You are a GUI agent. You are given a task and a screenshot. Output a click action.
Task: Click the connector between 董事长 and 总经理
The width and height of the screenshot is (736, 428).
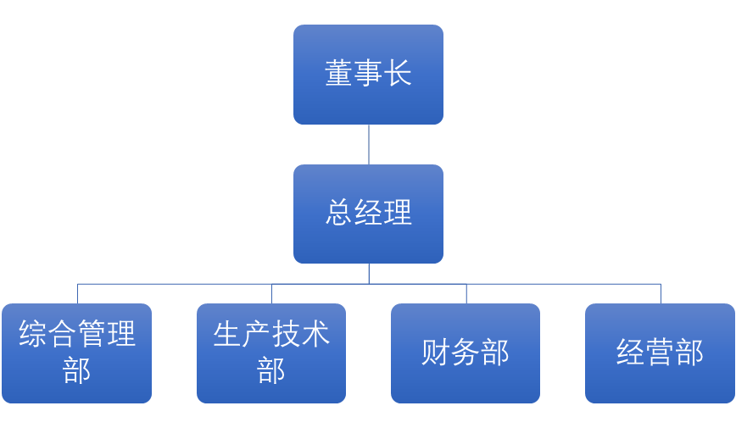coord(368,144)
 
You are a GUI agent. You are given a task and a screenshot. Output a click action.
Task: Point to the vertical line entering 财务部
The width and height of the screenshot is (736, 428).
coord(466,293)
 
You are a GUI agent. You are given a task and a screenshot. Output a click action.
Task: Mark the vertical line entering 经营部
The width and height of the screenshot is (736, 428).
coord(661,293)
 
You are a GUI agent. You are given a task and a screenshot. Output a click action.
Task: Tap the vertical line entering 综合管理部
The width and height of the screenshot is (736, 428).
coord(77,293)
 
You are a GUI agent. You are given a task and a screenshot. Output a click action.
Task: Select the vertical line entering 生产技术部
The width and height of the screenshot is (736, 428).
coord(271,293)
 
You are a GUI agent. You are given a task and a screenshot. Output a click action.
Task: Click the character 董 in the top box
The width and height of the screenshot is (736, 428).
coord(339,74)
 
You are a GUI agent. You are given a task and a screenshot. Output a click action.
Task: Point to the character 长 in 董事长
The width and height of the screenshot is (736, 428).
coord(398,74)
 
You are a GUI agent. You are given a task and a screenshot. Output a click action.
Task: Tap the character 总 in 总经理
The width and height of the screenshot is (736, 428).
coord(339,214)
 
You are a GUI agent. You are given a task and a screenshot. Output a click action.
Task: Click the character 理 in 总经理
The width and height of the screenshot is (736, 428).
coord(398,214)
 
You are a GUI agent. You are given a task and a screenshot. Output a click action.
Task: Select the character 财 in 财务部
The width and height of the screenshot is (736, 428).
coord(436,353)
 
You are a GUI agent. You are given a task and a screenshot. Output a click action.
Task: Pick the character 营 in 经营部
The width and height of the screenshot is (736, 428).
coord(660,353)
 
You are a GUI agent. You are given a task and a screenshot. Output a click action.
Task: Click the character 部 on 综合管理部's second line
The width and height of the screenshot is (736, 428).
coord(77,370)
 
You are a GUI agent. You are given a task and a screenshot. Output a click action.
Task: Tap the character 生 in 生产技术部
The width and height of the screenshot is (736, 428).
coord(227,335)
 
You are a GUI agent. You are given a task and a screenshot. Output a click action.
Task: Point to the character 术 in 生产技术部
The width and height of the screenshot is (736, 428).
coord(315,335)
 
